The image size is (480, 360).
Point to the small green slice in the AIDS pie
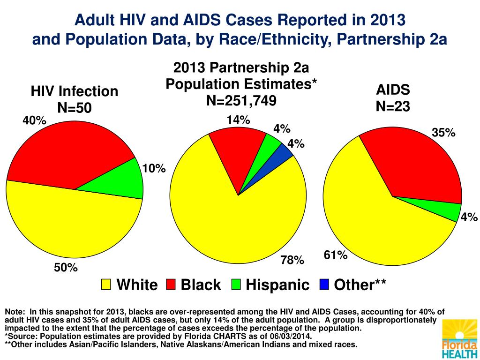tap(448, 211)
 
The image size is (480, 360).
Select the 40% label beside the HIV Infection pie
tap(35, 120)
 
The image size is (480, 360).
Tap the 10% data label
tap(154, 168)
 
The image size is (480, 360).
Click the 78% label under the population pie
tap(292, 260)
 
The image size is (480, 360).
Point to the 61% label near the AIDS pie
tap(336, 255)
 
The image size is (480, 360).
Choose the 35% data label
tap(443, 133)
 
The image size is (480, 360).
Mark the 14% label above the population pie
tap(238, 120)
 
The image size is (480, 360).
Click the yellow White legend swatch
tap(106, 284)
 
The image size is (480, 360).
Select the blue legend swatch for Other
tap(324, 284)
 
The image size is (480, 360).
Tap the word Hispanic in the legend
tap(278, 285)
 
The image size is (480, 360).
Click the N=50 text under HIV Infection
tap(75, 108)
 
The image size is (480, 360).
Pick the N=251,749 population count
tap(241, 100)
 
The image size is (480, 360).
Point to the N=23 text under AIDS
tap(393, 106)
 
